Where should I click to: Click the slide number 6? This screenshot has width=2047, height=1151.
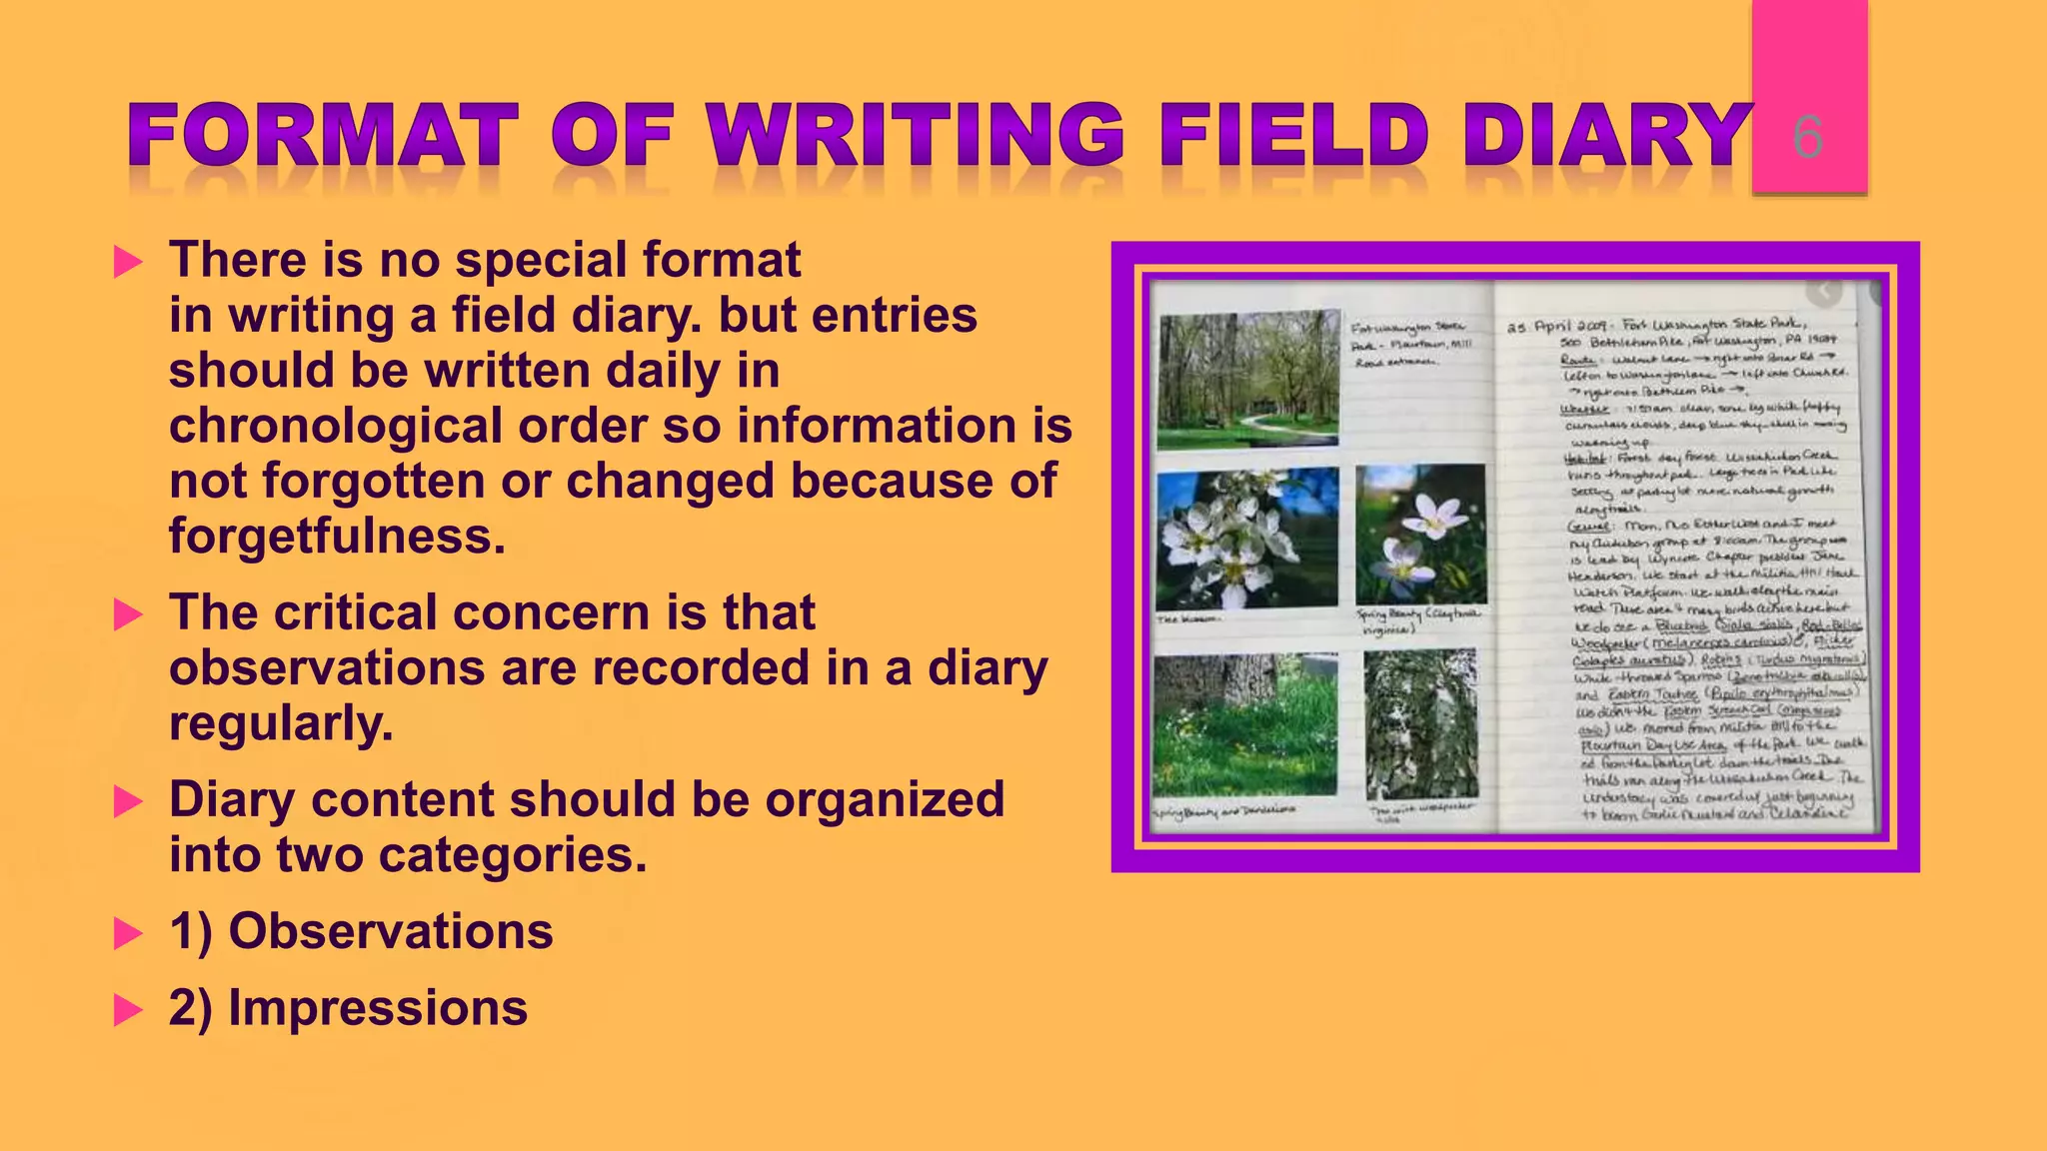click(x=1808, y=137)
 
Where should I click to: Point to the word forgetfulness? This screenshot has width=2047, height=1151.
click(x=337, y=537)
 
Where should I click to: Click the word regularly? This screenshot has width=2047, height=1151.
click(x=281, y=723)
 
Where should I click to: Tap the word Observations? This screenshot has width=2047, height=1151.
click(x=391, y=931)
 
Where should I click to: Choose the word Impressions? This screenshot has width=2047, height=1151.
click(x=378, y=1007)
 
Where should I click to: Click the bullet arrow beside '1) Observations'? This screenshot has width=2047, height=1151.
click(x=128, y=933)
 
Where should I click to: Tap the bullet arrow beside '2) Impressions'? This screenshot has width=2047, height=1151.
click(x=128, y=1009)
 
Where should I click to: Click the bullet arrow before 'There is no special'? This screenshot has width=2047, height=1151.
click(x=128, y=262)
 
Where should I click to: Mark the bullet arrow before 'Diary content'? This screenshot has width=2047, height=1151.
click(x=128, y=801)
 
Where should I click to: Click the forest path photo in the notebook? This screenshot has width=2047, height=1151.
click(x=1248, y=379)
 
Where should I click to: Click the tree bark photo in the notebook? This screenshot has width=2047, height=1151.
click(x=1420, y=724)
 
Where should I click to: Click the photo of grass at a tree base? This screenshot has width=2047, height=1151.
click(x=1244, y=724)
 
